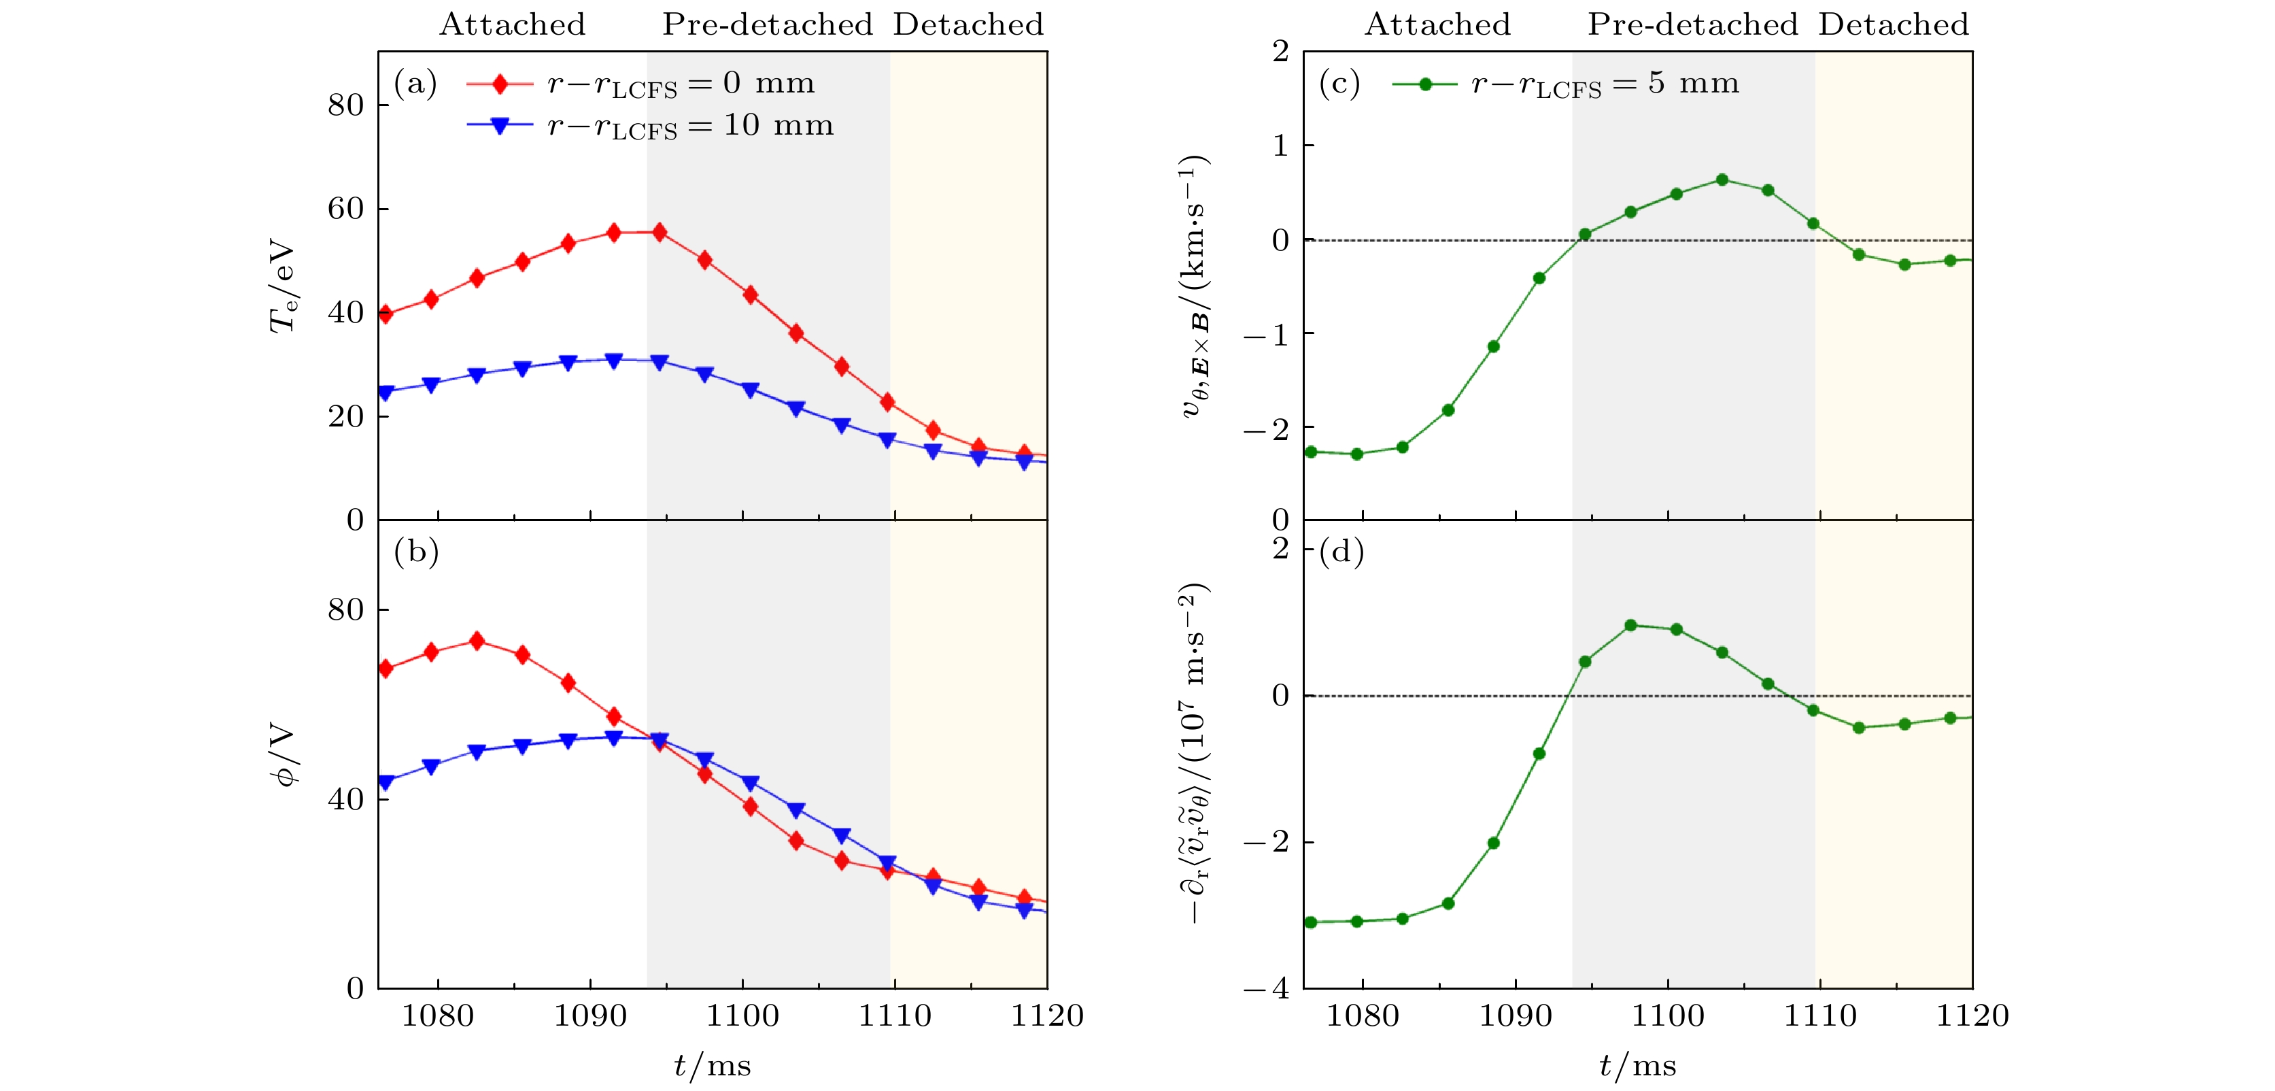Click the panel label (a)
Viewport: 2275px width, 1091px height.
[415, 83]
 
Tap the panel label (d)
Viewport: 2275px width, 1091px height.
[1341, 552]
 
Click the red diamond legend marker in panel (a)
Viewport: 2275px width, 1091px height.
[500, 84]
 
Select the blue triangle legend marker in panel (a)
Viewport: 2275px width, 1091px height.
[500, 125]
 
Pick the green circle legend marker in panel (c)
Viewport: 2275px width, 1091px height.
[1424, 84]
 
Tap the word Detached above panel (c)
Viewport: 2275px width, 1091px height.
[1894, 24]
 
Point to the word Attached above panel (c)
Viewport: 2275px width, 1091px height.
[1438, 24]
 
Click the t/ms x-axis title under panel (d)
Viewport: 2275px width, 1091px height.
[1637, 1065]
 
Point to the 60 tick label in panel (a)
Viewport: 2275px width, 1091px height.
[345, 209]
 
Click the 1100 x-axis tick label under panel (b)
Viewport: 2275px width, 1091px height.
[742, 1016]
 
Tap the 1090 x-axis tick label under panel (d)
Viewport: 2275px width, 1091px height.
[1515, 1016]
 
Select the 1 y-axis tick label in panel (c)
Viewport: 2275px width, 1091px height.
[1280, 146]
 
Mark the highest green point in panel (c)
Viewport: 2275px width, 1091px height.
[1722, 180]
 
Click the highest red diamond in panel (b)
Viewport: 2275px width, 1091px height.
[477, 641]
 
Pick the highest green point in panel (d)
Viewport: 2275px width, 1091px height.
[1630, 626]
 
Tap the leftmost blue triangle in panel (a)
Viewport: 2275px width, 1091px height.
[385, 392]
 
